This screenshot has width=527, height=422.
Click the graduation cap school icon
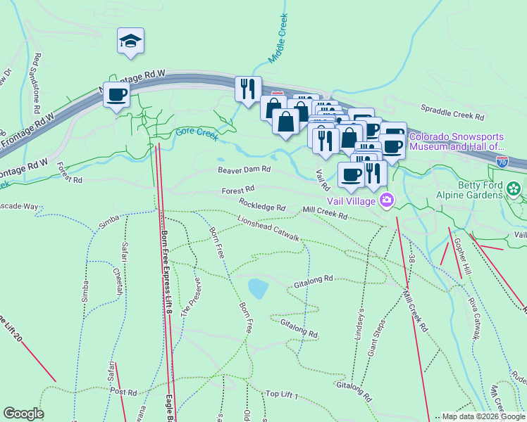131,41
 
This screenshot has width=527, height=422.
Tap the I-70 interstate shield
502,161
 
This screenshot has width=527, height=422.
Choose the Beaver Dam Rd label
244,170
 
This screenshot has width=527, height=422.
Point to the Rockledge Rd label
261,207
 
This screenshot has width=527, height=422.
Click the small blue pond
258,288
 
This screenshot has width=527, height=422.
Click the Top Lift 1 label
282,395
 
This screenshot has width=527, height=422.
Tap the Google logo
23,414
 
